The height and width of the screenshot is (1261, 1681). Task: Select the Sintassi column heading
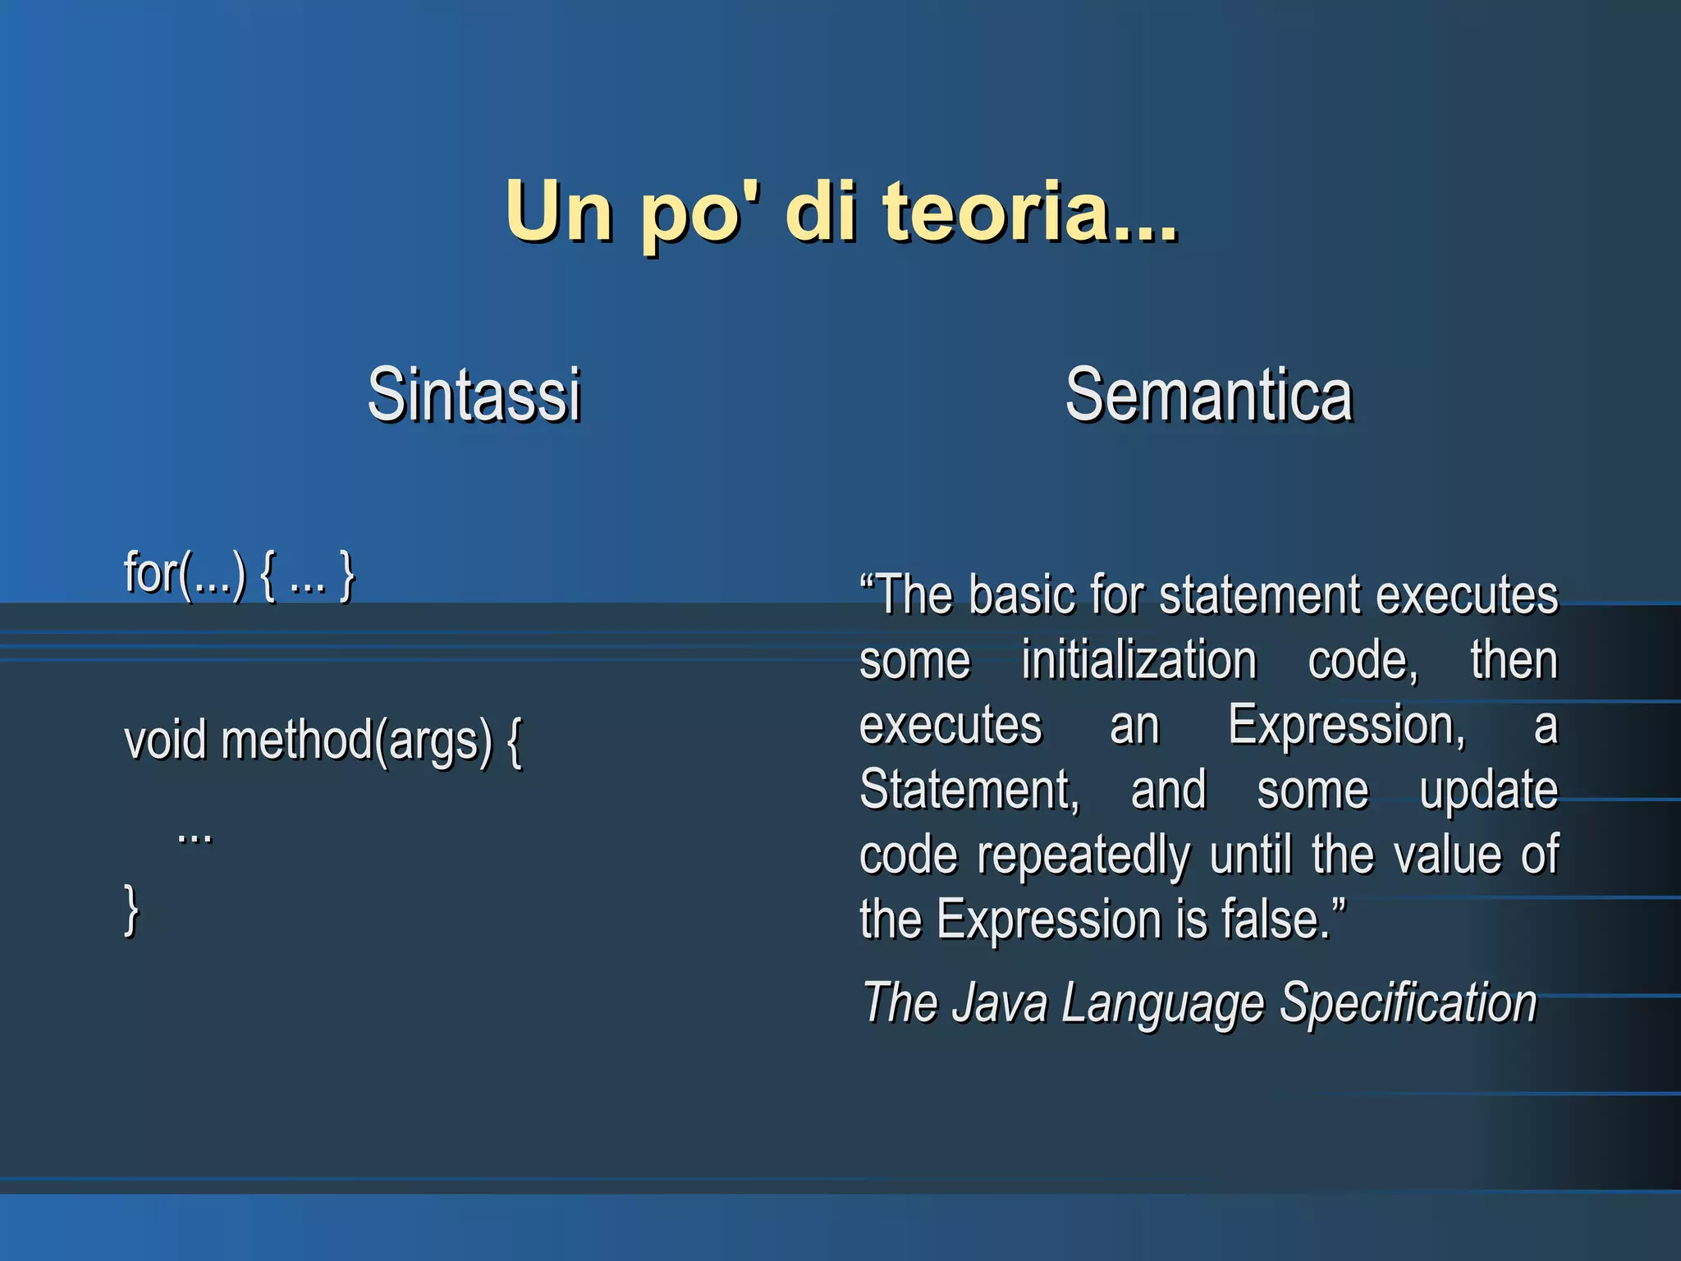(474, 395)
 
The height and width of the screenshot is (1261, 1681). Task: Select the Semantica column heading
(1208, 395)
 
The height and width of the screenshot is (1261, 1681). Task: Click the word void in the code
(165, 740)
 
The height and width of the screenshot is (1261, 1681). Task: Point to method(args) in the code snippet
(357, 741)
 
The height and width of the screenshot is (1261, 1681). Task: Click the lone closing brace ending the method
(131, 910)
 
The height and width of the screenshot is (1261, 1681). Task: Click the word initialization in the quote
(1138, 660)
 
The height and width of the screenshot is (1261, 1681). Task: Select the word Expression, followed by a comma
(1346, 726)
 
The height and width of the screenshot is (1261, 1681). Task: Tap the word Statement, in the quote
(969, 790)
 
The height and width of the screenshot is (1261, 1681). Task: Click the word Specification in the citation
(1408, 1003)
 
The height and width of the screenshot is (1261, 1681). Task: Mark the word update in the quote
(1488, 791)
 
